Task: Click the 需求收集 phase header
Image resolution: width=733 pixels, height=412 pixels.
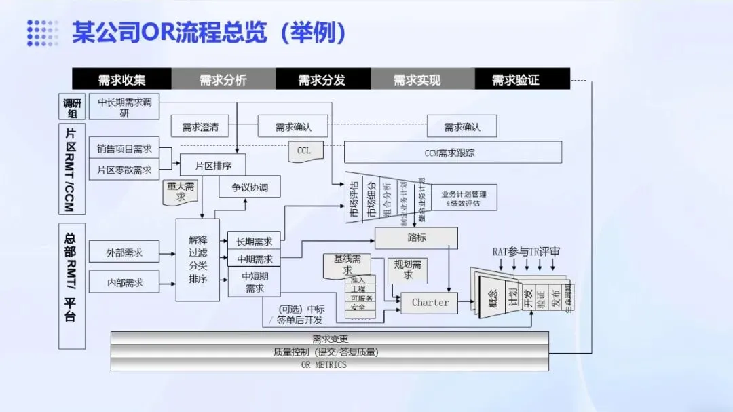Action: point(122,79)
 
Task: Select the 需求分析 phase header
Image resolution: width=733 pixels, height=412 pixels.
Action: point(223,79)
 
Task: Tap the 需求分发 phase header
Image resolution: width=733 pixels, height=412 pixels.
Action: point(322,79)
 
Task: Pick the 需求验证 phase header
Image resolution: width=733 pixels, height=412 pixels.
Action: point(516,79)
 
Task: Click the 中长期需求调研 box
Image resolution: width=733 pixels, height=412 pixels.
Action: point(124,108)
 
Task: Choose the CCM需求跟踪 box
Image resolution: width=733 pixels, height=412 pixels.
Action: point(453,153)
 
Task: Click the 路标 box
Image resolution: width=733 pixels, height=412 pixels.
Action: point(417,238)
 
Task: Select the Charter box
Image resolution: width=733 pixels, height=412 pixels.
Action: point(430,303)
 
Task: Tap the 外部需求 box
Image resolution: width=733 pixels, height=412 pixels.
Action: point(124,252)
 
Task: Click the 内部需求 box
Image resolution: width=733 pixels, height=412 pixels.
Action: point(124,282)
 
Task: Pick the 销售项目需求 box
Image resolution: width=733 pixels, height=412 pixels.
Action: point(124,149)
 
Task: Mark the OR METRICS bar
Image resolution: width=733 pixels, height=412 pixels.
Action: point(329,364)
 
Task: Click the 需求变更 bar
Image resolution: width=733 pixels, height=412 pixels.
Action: point(329,339)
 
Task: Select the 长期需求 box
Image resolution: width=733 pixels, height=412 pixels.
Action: point(254,241)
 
